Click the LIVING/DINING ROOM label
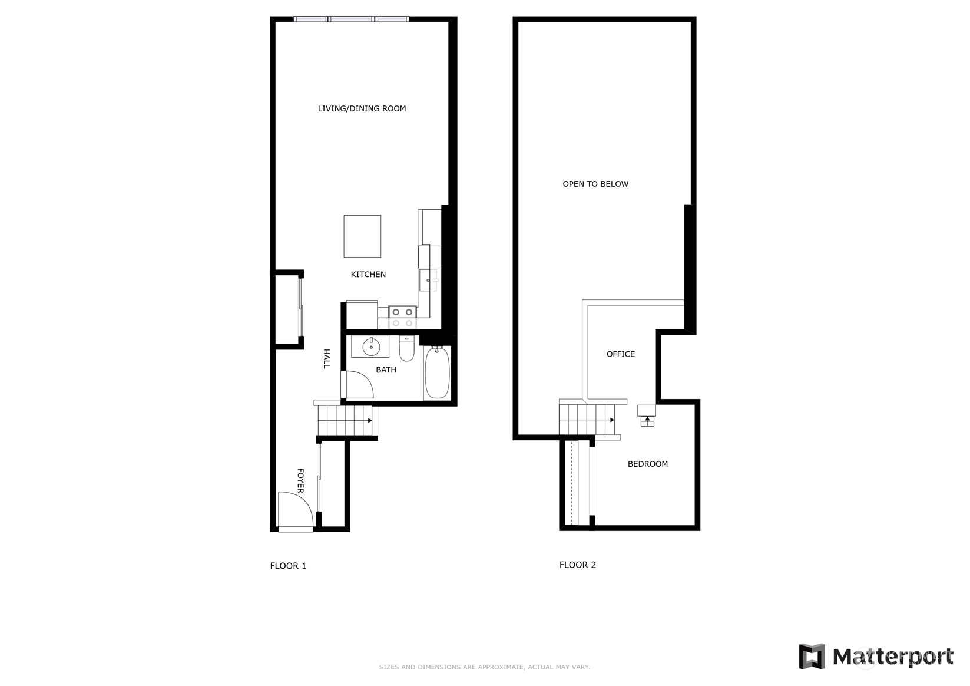(362, 108)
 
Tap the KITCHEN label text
(368, 274)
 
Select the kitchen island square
(362, 236)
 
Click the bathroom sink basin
(371, 347)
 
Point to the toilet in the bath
(406, 349)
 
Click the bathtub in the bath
(437, 372)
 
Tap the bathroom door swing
(358, 385)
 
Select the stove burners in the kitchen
(402, 317)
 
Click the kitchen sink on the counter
(428, 281)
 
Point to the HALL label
(326, 358)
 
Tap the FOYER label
(300, 480)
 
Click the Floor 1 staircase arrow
(369, 420)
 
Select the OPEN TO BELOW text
(595, 184)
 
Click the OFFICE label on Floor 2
(620, 354)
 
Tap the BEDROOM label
(647, 464)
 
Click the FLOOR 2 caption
(577, 565)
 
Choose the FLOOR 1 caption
(288, 566)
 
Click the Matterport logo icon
(812, 656)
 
